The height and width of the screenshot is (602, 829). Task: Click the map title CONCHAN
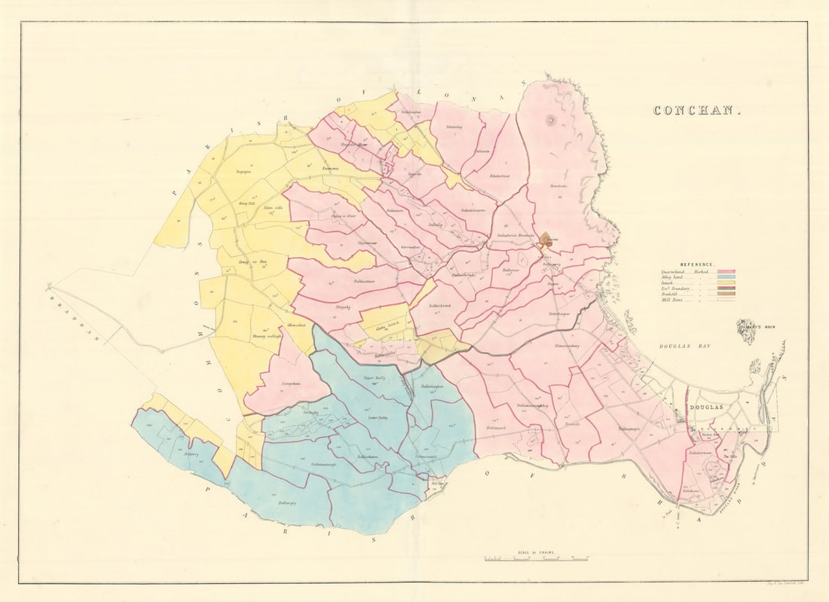tap(697, 111)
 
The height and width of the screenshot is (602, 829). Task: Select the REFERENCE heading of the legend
tap(697, 264)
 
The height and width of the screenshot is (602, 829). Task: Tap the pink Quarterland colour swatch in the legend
tap(727, 271)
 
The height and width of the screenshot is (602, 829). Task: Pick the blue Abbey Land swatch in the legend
tap(727, 277)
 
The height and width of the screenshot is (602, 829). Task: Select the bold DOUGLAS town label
tap(706, 408)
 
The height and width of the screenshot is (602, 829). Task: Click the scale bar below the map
tap(536, 559)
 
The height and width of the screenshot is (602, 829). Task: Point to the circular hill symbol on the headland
tap(550, 120)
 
